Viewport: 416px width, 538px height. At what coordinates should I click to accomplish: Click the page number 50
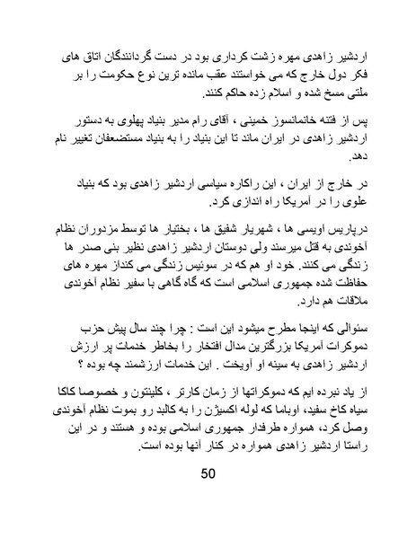click(x=208, y=472)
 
